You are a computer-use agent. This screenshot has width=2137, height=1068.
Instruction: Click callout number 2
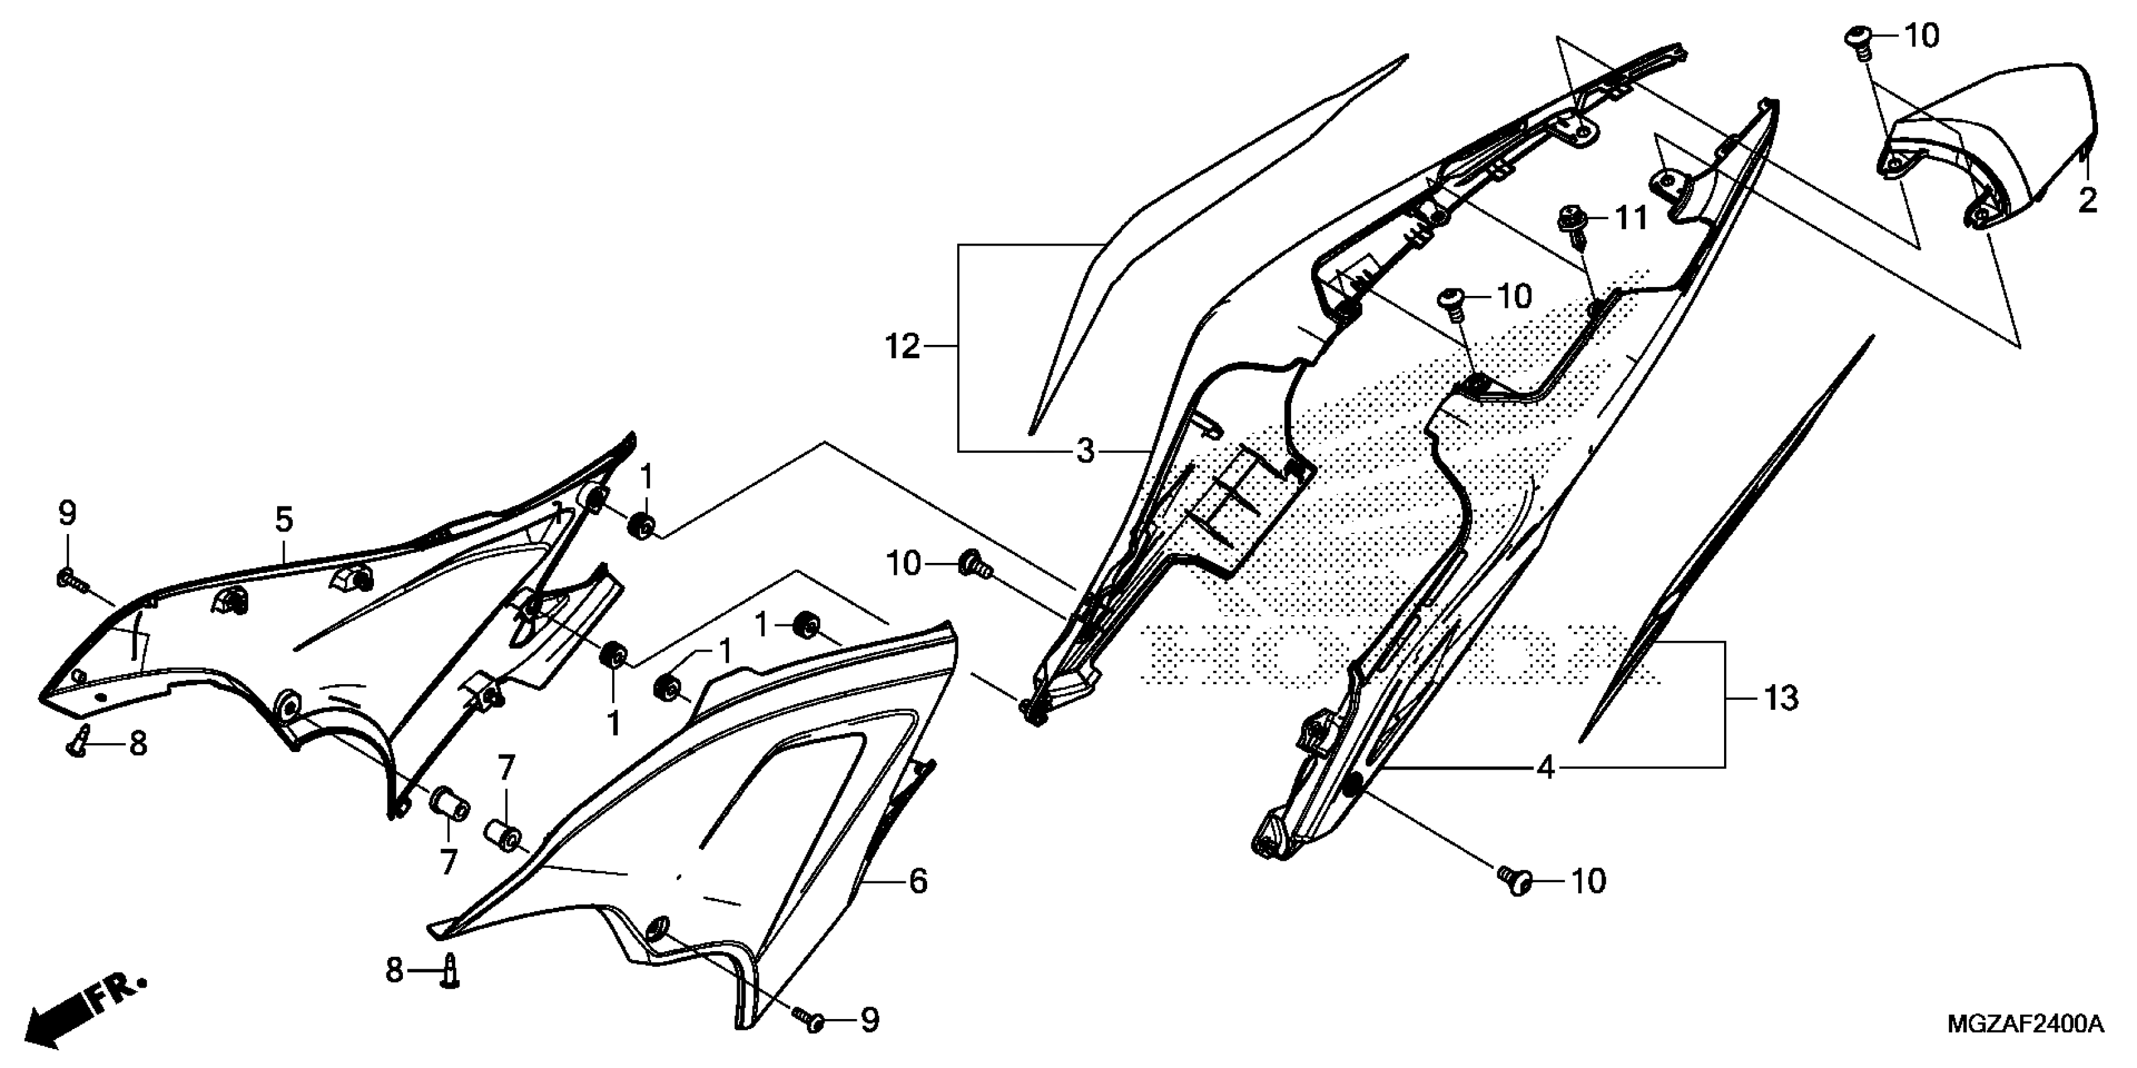2087,200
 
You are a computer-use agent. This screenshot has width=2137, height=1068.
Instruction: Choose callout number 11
1631,219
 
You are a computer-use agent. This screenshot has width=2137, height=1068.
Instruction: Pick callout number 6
918,881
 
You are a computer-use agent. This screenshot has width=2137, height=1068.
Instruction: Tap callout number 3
1085,452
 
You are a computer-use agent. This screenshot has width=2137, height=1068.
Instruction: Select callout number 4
1545,768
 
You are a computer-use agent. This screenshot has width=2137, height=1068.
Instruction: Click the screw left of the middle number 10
1453,300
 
